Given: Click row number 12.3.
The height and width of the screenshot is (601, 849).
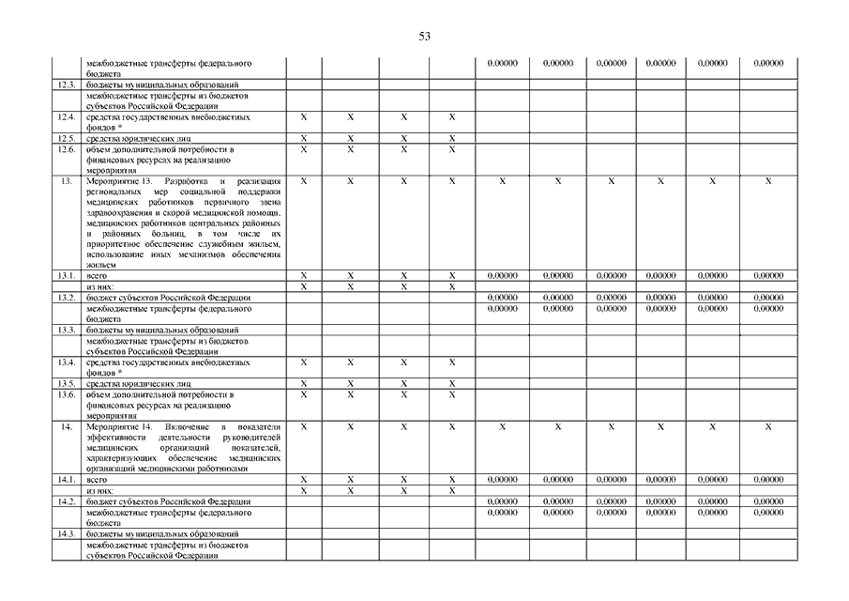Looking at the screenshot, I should (66, 85).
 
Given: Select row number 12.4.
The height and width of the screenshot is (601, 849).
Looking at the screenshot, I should (66, 117).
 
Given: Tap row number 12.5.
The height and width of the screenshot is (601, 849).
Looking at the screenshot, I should (66, 138).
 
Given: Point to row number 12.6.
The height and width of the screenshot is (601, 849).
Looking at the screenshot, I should (66, 149).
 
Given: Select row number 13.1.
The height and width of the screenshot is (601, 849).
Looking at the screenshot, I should (66, 275).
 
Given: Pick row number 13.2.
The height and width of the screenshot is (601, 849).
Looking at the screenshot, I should (66, 297).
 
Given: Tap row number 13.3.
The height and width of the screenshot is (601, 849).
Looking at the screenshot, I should (66, 330).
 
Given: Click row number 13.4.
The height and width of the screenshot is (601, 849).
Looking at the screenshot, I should (66, 362).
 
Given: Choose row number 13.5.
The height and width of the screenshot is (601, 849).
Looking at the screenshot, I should (66, 383).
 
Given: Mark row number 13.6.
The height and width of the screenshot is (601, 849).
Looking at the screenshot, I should (66, 394).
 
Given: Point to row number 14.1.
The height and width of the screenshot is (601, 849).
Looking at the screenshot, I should (66, 479).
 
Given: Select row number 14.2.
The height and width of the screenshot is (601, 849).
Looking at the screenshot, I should (66, 501).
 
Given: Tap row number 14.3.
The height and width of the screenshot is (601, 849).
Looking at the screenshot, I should (66, 533).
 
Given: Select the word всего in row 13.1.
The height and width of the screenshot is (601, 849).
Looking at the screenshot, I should (97, 276).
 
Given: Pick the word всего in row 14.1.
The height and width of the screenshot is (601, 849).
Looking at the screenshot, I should (97, 480).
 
